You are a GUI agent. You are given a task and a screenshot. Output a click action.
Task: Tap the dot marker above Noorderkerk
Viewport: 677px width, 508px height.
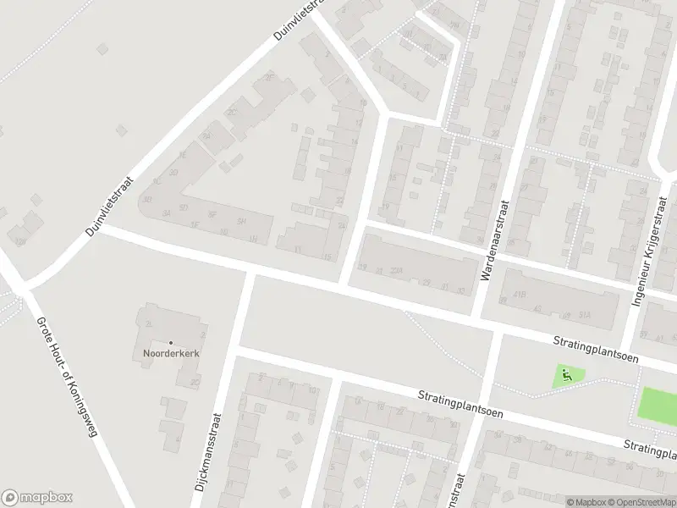point(170,342)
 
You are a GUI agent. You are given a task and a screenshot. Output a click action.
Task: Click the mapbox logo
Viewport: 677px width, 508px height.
point(37,498)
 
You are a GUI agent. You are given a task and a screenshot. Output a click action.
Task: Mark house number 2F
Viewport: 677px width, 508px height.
point(271,79)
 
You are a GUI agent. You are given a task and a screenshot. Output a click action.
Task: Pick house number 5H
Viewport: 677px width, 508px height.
point(242,221)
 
